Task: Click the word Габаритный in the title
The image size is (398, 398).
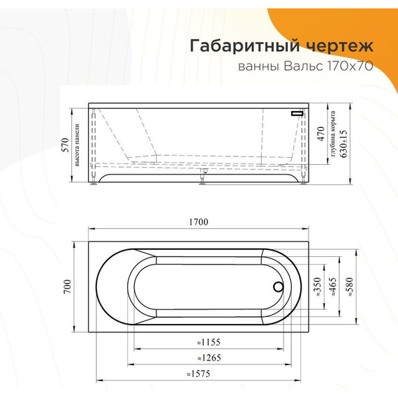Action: click(x=237, y=46)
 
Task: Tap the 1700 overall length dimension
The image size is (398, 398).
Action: click(x=199, y=222)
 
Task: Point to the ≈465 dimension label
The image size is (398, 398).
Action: click(x=332, y=287)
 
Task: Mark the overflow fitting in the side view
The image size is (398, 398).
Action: click(x=297, y=112)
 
